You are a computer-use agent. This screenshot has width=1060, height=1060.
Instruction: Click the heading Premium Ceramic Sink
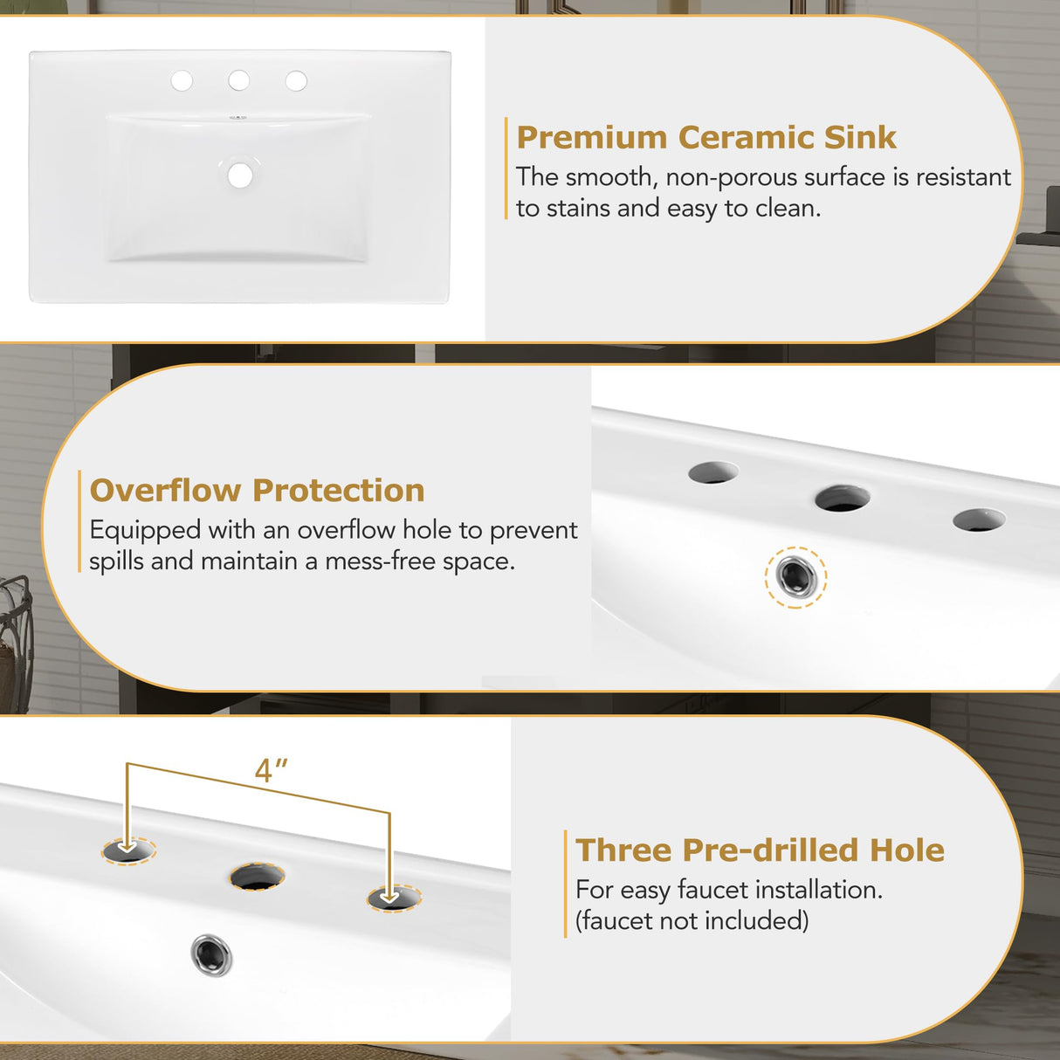click(x=706, y=138)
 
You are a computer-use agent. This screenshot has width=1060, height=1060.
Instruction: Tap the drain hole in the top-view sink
click(x=240, y=175)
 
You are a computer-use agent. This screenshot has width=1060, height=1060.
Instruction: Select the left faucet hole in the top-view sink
click(x=182, y=81)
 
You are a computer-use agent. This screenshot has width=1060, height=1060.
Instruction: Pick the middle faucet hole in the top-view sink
click(x=238, y=81)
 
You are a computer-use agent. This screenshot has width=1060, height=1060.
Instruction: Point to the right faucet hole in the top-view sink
click(x=296, y=81)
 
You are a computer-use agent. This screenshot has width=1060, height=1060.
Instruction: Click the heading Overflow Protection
click(x=257, y=491)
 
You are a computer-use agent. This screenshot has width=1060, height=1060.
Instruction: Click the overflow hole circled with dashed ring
click(x=796, y=576)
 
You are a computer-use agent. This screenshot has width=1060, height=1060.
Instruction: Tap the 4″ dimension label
click(x=271, y=771)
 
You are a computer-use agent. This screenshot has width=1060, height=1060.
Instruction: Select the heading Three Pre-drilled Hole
click(x=760, y=850)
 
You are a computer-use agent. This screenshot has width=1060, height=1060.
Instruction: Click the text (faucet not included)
click(x=692, y=920)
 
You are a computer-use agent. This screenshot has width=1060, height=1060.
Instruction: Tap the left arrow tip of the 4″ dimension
click(x=127, y=845)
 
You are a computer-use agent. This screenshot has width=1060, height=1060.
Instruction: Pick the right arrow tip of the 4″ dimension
click(x=390, y=896)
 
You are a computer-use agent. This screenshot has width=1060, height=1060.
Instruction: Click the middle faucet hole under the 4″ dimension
click(x=258, y=876)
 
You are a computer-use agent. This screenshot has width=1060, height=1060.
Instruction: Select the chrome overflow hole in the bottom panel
click(x=212, y=954)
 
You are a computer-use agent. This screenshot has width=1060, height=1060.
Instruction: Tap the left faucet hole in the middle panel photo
click(x=712, y=472)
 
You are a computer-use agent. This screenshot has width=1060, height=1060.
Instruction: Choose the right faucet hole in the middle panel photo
click(x=979, y=520)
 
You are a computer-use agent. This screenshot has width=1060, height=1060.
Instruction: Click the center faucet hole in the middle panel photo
click(x=843, y=499)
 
